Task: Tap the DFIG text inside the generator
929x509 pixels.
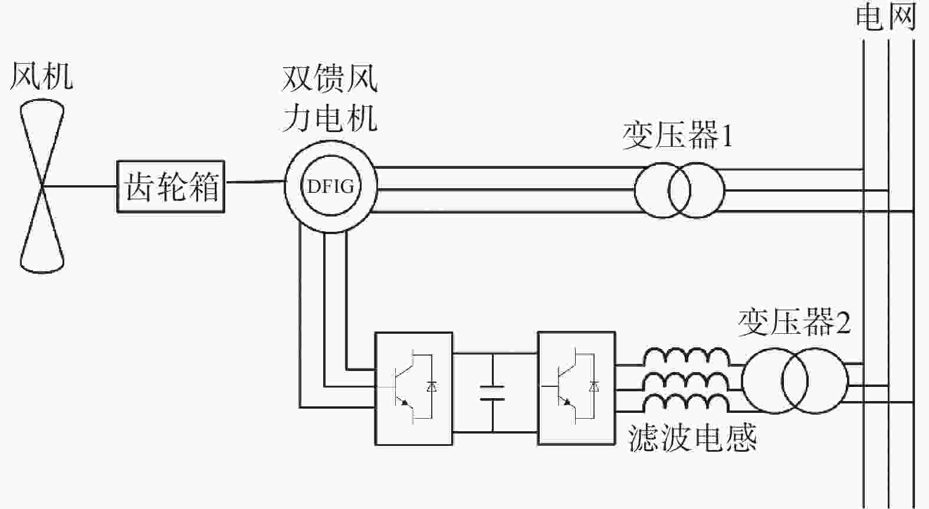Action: tap(330, 187)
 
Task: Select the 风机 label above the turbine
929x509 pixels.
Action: tap(41, 76)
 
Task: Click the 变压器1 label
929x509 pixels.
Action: tap(677, 135)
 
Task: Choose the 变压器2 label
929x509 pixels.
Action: tap(794, 322)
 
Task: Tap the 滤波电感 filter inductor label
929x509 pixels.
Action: tap(692, 438)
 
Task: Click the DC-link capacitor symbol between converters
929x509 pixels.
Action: tap(493, 392)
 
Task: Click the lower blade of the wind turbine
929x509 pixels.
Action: tap(42, 230)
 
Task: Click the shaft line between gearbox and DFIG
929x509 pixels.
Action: tap(255, 182)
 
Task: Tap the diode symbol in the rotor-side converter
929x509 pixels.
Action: tap(432, 387)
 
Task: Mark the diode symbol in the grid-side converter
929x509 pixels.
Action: tap(595, 387)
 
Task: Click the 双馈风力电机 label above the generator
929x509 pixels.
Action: tap(330, 98)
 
